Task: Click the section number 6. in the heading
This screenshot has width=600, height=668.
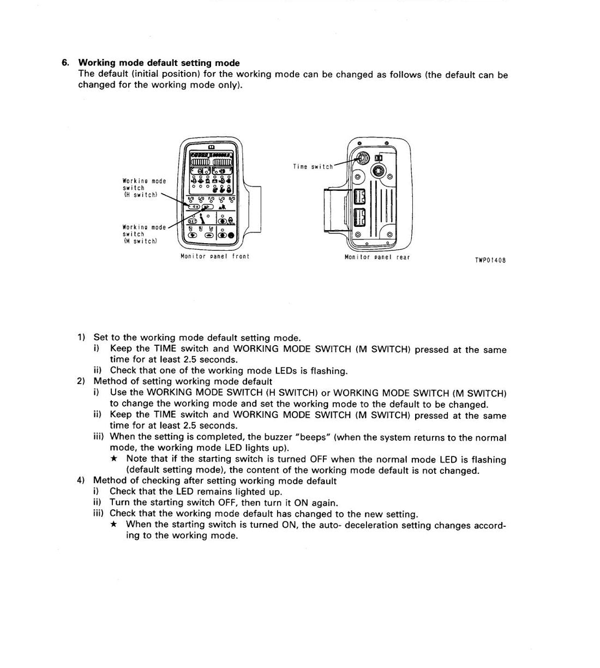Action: point(65,63)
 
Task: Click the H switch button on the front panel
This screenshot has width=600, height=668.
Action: point(194,207)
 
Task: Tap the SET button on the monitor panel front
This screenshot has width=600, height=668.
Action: point(193,221)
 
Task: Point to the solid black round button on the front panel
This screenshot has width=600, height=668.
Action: point(231,236)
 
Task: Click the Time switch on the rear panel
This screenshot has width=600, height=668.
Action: point(363,159)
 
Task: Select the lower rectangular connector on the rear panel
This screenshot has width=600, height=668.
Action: point(359,218)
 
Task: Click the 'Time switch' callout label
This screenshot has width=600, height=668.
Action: point(313,167)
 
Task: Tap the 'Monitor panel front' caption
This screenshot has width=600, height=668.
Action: point(215,256)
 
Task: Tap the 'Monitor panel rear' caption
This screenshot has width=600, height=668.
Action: point(377,257)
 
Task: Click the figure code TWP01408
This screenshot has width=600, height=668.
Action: point(490,260)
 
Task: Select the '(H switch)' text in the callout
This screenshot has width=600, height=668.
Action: point(141,195)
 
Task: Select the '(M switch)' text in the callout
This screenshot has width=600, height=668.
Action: point(141,242)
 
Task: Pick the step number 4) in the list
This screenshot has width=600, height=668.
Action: point(81,480)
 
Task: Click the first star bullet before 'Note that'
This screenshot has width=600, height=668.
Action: point(114,458)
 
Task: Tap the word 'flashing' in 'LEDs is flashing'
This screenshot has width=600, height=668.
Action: point(329,371)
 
